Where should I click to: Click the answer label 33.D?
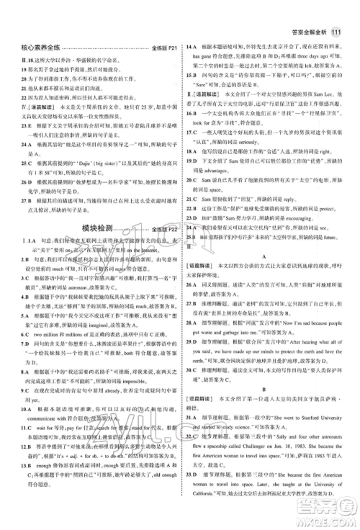tap(193, 493)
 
